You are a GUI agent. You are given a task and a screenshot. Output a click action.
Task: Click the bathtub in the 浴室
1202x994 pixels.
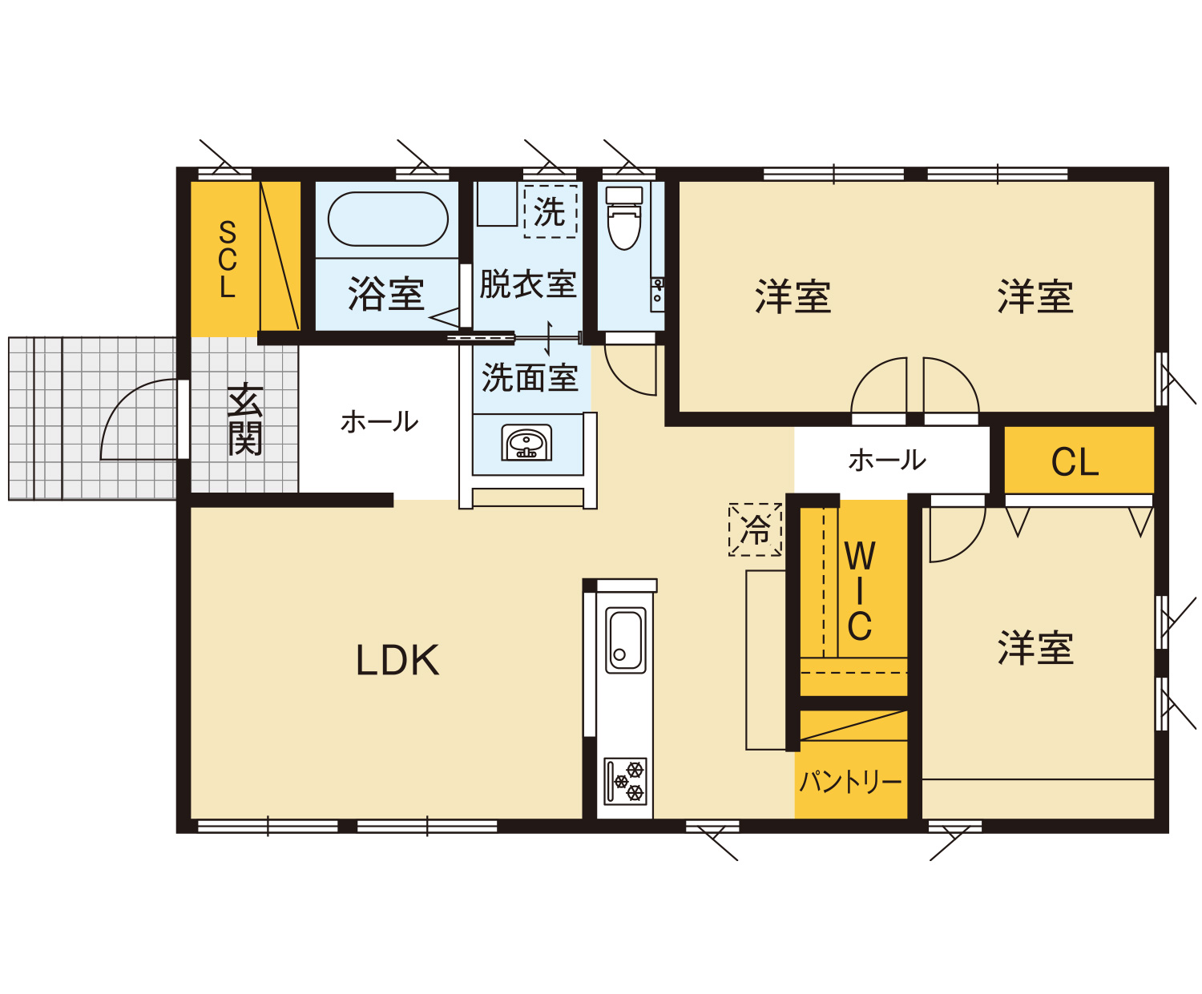point(387,219)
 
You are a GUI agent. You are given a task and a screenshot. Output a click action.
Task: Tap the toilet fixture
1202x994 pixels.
point(624,218)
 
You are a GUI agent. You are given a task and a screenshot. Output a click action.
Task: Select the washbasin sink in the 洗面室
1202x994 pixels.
point(526,443)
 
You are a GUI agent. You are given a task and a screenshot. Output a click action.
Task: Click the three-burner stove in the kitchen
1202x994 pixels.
point(625,781)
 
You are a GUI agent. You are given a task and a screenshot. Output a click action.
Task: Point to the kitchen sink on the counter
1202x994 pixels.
point(625,640)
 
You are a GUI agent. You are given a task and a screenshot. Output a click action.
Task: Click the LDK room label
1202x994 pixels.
point(397,660)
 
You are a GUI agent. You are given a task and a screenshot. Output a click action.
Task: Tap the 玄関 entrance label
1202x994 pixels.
point(245,419)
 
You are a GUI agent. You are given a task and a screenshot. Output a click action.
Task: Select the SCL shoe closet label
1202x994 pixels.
point(228,259)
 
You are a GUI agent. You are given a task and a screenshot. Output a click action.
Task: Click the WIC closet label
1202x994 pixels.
point(860,591)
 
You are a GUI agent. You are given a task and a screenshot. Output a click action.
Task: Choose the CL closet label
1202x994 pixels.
point(1075,462)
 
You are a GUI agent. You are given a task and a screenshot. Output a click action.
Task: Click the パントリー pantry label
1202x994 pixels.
point(850,782)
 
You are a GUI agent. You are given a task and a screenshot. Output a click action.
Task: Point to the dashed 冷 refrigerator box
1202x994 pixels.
point(755,529)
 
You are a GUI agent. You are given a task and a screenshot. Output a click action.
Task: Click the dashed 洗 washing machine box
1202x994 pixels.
point(551,211)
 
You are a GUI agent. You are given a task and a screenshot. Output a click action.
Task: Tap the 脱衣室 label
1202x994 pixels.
point(528,284)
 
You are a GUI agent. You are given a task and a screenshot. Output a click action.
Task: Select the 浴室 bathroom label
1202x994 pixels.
point(385,293)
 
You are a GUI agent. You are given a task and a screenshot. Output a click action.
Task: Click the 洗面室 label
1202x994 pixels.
point(530,377)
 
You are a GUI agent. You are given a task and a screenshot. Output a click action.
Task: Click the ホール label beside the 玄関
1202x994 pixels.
point(379,422)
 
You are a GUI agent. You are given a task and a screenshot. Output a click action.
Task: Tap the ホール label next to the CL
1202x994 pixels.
point(887,461)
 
